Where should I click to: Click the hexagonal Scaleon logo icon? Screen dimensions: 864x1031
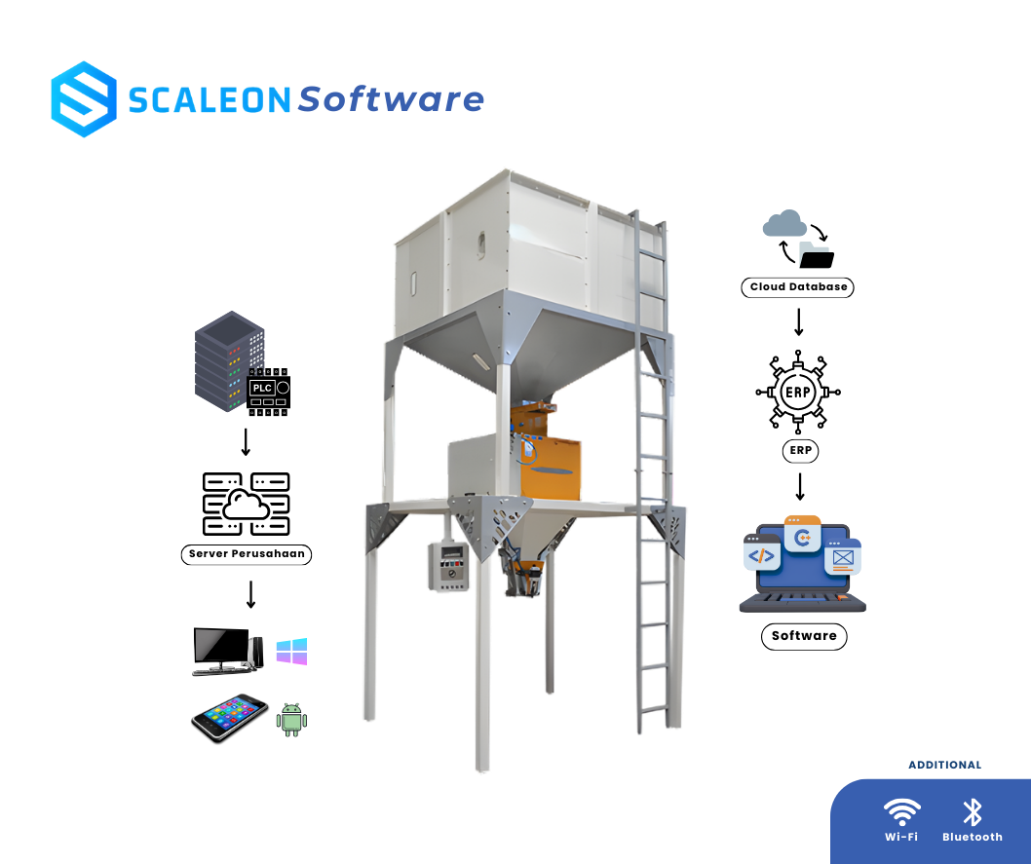click(84, 98)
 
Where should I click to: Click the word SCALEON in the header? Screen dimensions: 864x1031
click(210, 99)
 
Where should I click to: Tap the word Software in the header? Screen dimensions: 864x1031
click(391, 98)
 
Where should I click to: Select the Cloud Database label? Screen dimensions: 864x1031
click(797, 287)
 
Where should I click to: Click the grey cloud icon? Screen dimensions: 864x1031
click(784, 224)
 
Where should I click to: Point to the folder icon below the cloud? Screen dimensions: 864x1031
click(814, 255)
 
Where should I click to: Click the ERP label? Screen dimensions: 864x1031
click(800, 451)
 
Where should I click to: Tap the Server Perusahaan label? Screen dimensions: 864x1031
click(247, 554)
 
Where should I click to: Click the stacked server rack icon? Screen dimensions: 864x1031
click(229, 360)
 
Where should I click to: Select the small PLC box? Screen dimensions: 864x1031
click(262, 388)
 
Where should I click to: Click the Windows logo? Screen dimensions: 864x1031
click(291, 652)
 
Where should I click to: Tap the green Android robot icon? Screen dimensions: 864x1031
click(291, 719)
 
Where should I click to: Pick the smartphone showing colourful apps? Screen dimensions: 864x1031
click(230, 715)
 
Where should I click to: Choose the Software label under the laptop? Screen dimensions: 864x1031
click(804, 636)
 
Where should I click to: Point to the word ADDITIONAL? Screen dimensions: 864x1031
click(944, 765)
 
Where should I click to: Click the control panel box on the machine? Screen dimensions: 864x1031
click(447, 565)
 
